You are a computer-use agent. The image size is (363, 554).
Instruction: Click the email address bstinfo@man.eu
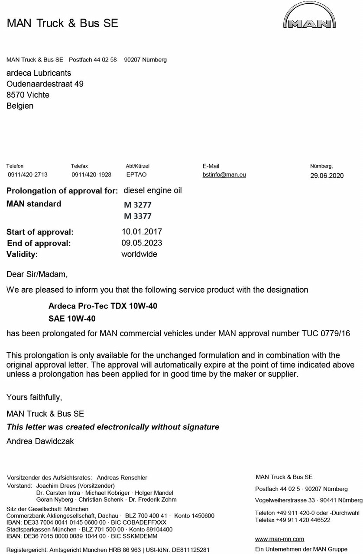point(224,175)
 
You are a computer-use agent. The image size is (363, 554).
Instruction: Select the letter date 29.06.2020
point(327,175)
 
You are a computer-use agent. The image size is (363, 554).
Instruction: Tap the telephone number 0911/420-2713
point(28,175)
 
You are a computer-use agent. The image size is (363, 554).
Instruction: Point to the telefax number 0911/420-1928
point(91,175)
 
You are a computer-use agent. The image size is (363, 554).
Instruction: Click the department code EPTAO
point(136,175)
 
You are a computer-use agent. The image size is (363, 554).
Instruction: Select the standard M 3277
point(138,205)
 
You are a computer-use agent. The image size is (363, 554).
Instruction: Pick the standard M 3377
point(138,216)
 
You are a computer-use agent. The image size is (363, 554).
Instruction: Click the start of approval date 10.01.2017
point(142,232)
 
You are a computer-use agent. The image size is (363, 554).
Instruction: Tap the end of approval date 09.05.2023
point(142,243)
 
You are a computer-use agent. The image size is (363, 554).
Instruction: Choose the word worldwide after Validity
point(139,254)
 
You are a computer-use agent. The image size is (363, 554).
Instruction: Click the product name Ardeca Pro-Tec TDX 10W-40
point(103,306)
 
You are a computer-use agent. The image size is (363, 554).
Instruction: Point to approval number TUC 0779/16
point(326,334)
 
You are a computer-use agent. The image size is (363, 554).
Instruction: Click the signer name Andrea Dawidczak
point(40,441)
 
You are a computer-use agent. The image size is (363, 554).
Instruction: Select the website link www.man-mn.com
point(279,539)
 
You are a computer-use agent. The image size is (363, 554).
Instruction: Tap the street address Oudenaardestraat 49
point(45,84)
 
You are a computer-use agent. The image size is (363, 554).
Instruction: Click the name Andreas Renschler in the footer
point(122,478)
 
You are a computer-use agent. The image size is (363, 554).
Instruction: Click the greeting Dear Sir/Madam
point(37,274)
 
